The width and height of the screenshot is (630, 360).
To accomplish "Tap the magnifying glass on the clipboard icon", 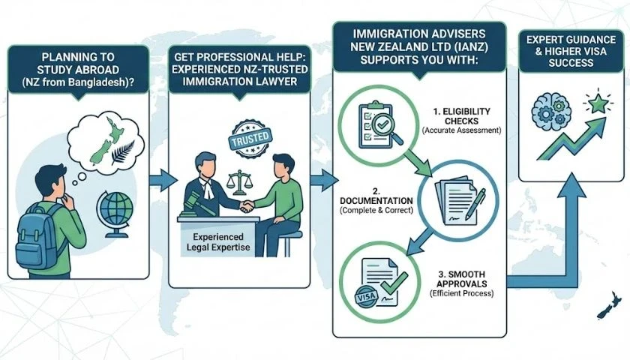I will [388, 132].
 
